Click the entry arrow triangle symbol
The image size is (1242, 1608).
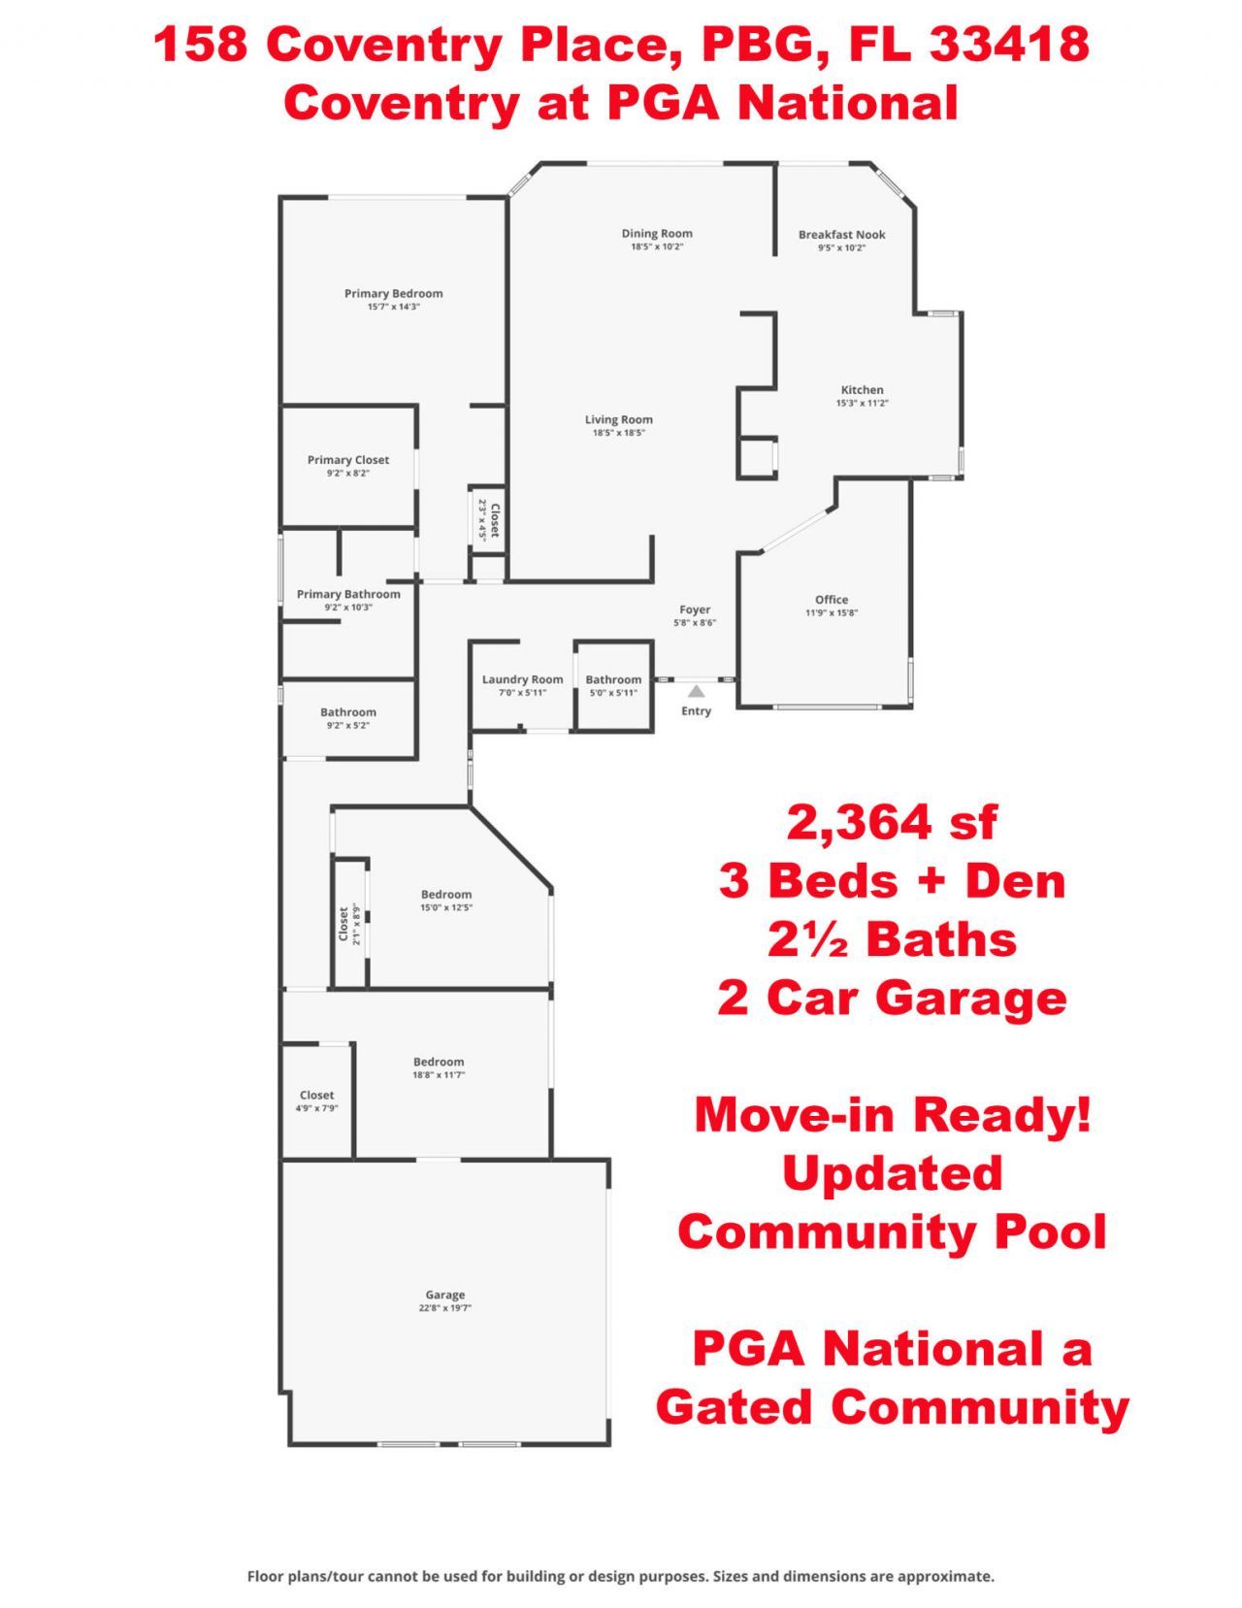696,691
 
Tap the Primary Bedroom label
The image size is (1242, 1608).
393,293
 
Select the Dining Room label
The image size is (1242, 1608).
657,233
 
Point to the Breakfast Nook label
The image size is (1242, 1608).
841,234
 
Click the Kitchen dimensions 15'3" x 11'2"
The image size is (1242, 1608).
862,403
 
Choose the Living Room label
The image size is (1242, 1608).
618,419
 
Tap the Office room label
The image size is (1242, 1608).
832,600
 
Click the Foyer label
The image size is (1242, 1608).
695,609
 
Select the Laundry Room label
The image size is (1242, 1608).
522,679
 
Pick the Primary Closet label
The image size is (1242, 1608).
348,460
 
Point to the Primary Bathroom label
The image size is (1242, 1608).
348,594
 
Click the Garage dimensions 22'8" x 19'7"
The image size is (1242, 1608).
444,1308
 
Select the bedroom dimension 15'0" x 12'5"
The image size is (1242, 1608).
446,907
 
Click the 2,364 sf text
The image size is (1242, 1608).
892,822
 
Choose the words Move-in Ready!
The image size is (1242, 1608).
893,1114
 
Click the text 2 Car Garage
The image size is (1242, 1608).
892,998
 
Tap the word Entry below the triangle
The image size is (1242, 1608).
696,710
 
